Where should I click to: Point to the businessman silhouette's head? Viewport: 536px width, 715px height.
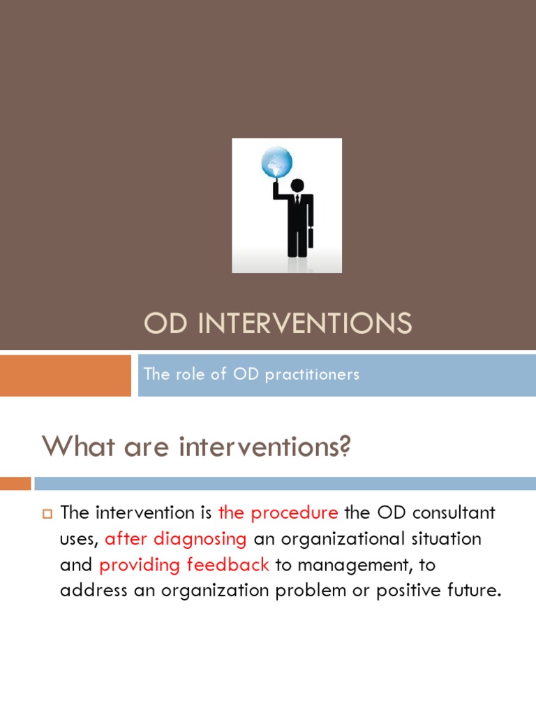coord(297,186)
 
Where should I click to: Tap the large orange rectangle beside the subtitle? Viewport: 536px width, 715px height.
coord(65,375)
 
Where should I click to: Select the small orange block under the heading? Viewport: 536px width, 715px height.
coord(15,483)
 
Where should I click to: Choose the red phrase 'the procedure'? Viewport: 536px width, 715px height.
coord(278,513)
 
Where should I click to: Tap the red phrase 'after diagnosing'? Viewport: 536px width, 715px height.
coord(175,539)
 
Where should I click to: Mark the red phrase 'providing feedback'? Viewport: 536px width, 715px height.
coord(184,565)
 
